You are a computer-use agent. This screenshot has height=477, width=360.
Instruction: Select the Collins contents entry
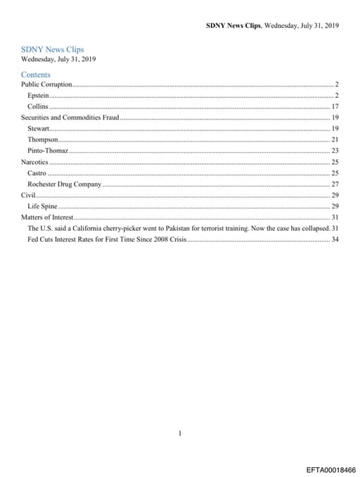37,106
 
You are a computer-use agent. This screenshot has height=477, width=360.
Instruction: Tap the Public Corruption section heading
46,84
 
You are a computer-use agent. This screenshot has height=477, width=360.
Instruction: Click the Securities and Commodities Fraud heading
70,117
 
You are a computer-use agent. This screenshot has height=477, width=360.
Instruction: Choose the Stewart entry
38,129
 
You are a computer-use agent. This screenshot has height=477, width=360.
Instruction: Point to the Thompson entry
42,140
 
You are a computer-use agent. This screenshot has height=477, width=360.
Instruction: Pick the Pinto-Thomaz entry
47,151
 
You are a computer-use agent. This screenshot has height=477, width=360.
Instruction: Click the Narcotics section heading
34,162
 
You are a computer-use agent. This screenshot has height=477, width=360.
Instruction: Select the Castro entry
37,173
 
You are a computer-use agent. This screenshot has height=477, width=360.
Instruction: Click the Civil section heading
27,195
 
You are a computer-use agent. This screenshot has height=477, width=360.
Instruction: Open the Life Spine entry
42,206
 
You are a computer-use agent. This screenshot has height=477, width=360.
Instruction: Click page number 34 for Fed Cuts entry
335,239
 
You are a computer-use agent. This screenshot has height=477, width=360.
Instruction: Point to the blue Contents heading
36,74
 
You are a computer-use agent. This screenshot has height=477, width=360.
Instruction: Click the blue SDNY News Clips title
53,49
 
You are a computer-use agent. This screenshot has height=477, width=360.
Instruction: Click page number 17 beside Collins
335,106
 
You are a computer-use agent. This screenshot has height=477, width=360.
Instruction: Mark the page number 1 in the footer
180,414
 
